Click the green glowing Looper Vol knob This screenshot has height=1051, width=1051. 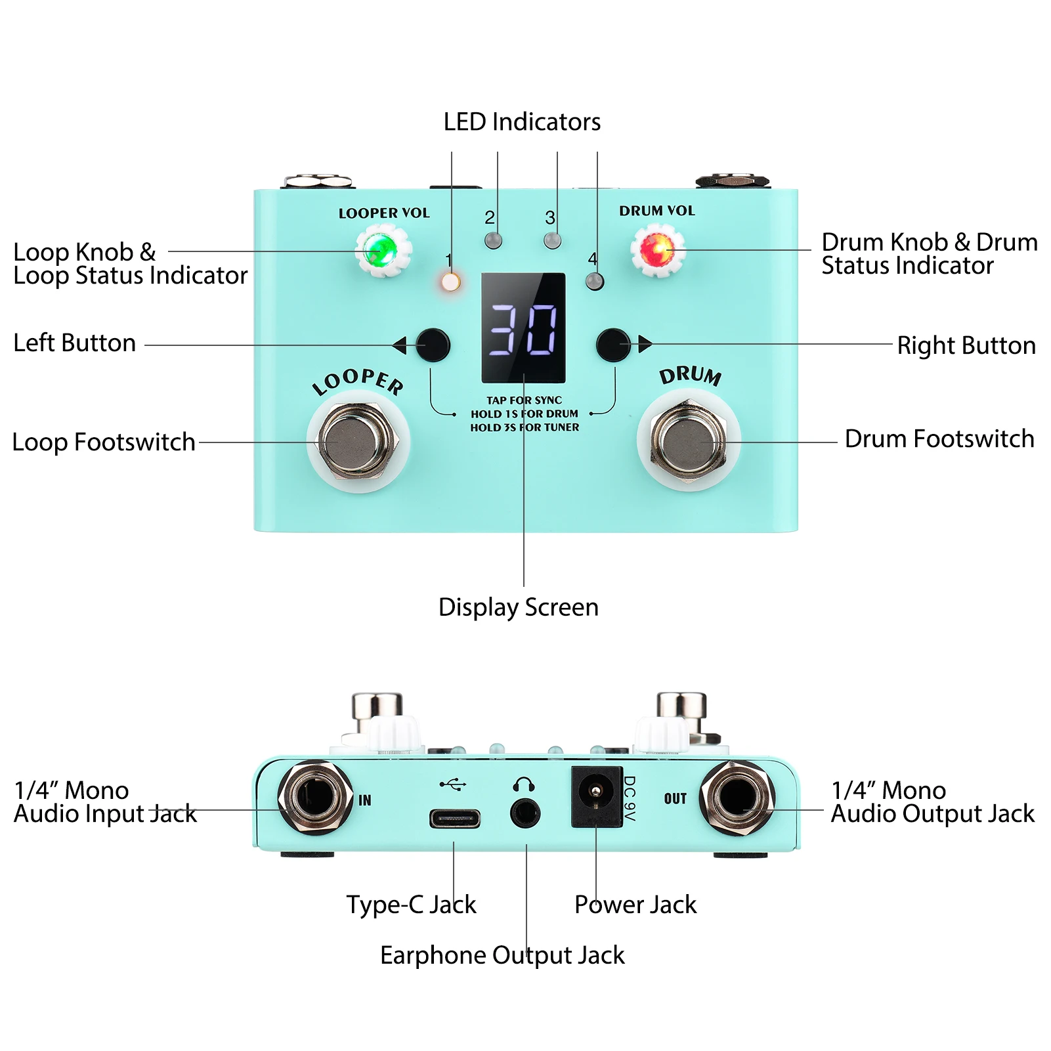tap(383, 250)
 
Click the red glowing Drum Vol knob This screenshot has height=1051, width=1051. tap(657, 250)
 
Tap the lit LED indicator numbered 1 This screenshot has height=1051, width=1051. tap(450, 282)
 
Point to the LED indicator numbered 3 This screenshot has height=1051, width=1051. tap(553, 240)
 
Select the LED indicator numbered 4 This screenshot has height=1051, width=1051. tap(594, 282)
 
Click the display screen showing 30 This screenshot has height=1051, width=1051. tap(523, 328)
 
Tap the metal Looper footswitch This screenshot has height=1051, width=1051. tap(358, 440)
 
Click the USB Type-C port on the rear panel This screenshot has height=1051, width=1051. tap(454, 819)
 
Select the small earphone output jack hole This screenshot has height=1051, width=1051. tap(525, 814)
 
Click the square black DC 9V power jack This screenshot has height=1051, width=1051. tap(596, 796)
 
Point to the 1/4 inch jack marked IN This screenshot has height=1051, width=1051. tap(315, 797)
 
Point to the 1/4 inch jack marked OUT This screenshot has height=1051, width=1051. tap(737, 798)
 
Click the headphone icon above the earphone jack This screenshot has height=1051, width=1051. tap(523, 784)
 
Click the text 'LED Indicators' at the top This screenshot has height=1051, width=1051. tap(522, 122)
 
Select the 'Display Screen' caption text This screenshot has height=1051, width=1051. tap(518, 607)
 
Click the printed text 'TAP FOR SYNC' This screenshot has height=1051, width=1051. tap(524, 400)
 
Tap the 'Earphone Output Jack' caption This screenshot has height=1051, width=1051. tap(502, 955)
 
